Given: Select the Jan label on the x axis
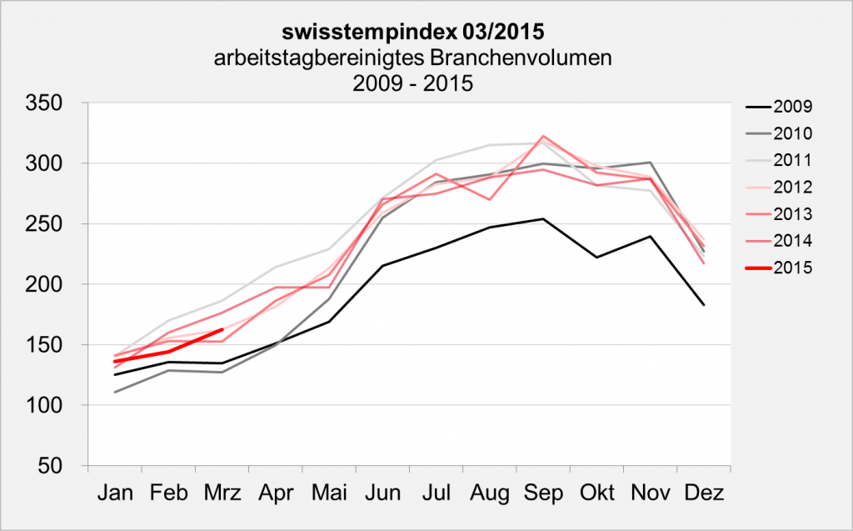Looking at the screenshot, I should (115, 493).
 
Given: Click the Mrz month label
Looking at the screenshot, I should (222, 493).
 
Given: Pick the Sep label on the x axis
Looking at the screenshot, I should (543, 493).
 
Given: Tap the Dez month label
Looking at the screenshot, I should (703, 493).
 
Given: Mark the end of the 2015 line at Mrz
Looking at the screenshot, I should (222, 330).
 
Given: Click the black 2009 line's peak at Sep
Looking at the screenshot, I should (543, 219).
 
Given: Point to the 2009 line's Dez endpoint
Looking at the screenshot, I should (704, 305).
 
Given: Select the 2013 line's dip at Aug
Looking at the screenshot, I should (490, 200).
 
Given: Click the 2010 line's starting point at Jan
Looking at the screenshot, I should (115, 392).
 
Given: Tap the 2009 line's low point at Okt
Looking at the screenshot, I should (596, 258).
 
